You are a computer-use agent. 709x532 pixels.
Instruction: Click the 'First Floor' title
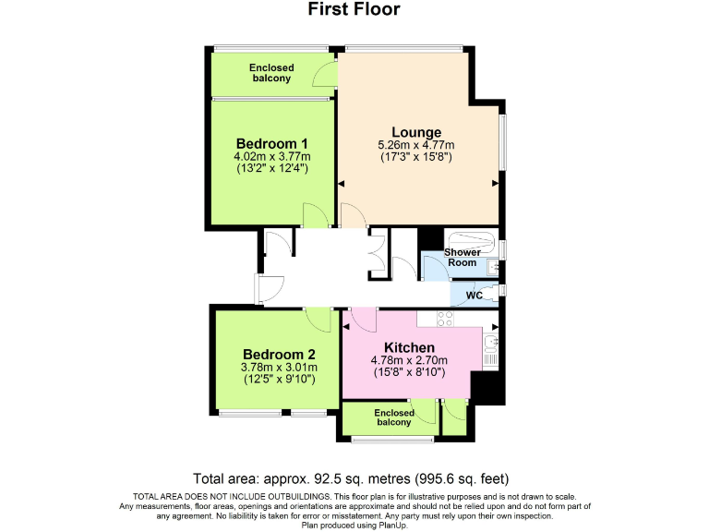coord(354,10)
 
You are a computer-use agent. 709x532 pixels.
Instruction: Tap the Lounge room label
coord(415,132)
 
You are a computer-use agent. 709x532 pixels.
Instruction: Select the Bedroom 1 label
coord(271,143)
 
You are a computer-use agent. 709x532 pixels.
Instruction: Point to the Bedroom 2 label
coord(279,355)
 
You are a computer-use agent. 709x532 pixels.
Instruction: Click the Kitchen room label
coord(409,347)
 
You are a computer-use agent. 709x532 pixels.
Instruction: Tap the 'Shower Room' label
coord(462,258)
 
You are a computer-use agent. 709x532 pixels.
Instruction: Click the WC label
coord(474,296)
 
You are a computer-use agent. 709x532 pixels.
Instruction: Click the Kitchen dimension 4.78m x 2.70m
coord(409,360)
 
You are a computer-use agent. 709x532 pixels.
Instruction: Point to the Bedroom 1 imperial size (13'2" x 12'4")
coord(271,169)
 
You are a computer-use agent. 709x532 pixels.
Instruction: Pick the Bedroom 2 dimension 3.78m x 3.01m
coord(279,367)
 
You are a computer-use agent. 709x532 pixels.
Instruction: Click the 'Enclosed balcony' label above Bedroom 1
coord(271,73)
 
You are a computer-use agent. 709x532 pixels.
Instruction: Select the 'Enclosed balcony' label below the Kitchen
coord(393,417)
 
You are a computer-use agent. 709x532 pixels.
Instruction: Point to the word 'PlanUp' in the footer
coord(391,526)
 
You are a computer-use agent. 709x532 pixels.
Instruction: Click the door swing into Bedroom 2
coord(320,320)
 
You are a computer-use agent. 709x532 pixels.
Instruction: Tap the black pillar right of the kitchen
coord(488,387)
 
